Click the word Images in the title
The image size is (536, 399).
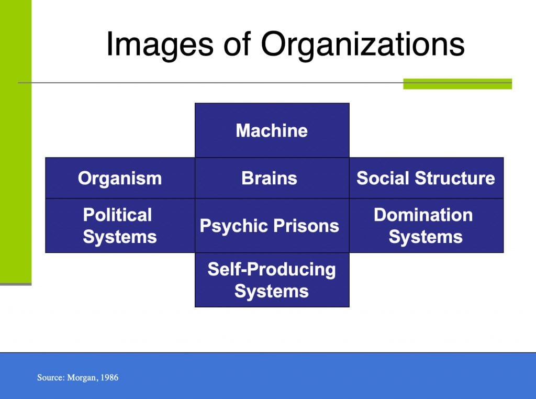pos(160,45)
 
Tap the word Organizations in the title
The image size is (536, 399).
pos(363,45)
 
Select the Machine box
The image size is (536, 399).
pos(272,130)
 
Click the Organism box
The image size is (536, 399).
pos(120,178)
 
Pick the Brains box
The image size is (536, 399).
pos(272,178)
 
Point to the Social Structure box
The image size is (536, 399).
pos(426,178)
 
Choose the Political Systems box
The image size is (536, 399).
pos(120,226)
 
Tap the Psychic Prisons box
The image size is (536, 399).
pos(272,226)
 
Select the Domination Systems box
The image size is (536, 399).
pos(426,226)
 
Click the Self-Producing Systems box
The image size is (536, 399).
pos(272,280)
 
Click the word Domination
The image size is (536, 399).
pos(423,215)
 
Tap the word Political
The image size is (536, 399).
pos(117,215)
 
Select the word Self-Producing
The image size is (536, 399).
pos(272,270)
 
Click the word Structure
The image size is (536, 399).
pos(455,178)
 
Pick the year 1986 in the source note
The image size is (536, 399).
pos(109,378)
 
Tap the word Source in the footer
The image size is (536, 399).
pos(51,378)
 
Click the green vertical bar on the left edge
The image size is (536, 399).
pos(16,142)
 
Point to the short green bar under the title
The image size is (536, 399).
pos(457,84)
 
